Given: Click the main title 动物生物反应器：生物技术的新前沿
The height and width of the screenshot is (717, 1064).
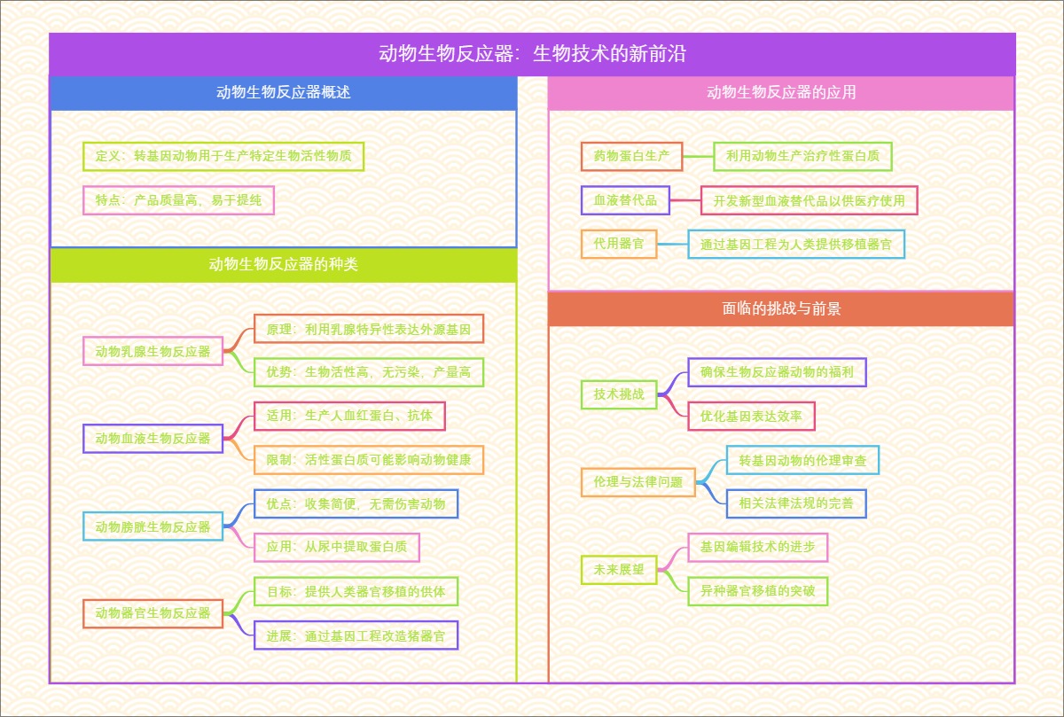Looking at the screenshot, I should (532, 54).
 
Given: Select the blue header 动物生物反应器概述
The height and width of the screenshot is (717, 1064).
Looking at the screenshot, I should (283, 92).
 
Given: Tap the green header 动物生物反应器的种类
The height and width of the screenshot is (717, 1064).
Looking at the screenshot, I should (283, 264).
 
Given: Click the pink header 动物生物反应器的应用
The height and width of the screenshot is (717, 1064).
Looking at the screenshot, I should (781, 92).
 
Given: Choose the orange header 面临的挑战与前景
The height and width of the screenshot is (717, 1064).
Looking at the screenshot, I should (781, 308).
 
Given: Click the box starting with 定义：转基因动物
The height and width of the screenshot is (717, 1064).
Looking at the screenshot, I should (223, 156).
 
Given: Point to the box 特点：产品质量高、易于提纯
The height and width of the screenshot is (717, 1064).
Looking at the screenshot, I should (178, 200).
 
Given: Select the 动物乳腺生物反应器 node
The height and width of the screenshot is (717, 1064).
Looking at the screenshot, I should (153, 351).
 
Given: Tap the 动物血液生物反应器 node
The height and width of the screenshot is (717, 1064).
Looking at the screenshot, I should (153, 438).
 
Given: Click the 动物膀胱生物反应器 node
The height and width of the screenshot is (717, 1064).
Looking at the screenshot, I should (153, 526).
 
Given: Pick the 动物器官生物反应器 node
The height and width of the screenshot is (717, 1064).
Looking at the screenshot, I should (153, 613).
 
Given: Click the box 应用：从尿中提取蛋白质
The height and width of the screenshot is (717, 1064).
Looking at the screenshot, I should (336, 547).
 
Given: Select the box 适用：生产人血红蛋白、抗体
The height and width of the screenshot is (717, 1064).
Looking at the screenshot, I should (349, 416).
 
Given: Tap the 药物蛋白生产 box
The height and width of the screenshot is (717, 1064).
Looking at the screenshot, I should (631, 156).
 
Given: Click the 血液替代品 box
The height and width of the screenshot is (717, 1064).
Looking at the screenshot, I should (625, 200).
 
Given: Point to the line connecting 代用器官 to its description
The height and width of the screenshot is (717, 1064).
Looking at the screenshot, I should (673, 244).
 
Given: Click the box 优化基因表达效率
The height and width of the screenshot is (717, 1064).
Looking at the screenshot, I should (751, 416).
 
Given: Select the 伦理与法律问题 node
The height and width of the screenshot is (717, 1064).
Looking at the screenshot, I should (638, 482).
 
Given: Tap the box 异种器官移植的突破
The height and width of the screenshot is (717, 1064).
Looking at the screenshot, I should (757, 590).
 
